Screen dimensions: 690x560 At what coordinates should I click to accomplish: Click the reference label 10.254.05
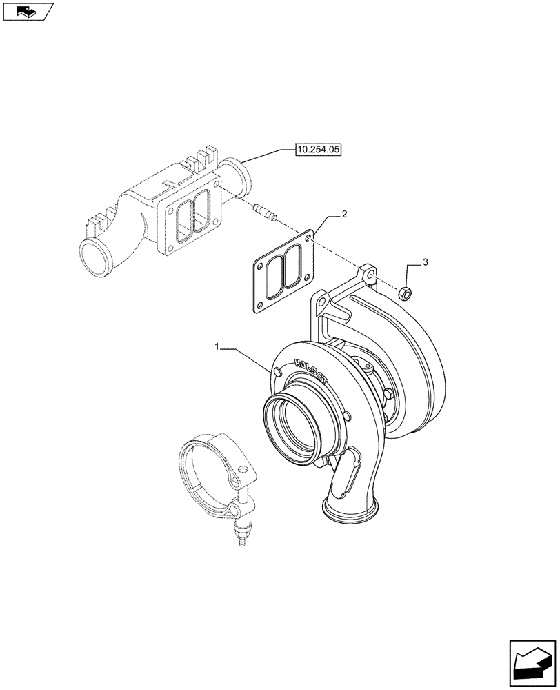pos(319,148)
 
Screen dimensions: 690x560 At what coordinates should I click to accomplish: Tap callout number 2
pos(343,215)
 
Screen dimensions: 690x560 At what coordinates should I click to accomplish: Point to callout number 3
pos(426,262)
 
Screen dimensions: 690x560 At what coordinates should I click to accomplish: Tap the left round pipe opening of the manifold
pos(94,257)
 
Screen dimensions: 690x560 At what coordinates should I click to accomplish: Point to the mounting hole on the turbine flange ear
pos(370,275)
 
